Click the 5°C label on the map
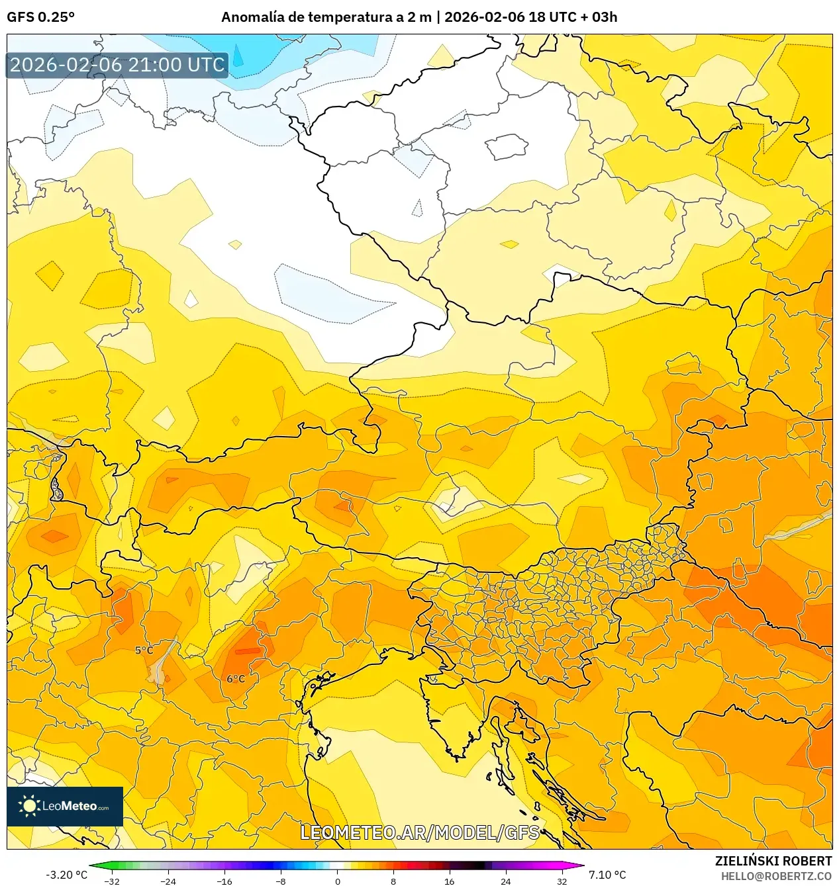pyautogui.click(x=144, y=650)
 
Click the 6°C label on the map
pyautogui.click(x=236, y=679)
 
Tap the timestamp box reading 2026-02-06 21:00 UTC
pyautogui.click(x=117, y=65)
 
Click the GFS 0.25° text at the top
pyautogui.click(x=41, y=17)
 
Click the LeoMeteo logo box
pyautogui.click(x=65, y=806)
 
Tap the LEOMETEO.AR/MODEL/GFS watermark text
pyautogui.click(x=420, y=832)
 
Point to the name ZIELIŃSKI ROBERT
pyautogui.click(x=773, y=861)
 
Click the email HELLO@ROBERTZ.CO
pyautogui.click(x=776, y=876)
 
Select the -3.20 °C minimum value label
pyautogui.click(x=66, y=875)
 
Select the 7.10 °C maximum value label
pyautogui.click(x=607, y=875)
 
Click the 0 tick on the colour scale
pyautogui.click(x=337, y=881)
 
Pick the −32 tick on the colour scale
pyautogui.click(x=112, y=881)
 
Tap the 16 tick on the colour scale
pyautogui.click(x=450, y=881)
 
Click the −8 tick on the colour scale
pyautogui.click(x=281, y=881)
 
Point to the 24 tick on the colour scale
pyautogui.click(x=506, y=881)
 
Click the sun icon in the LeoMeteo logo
pyautogui.click(x=29, y=806)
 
